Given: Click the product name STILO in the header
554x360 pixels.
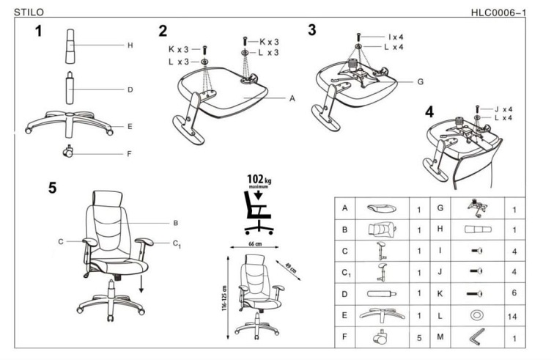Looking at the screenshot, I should (29, 12).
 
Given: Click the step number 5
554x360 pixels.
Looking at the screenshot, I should (52, 187).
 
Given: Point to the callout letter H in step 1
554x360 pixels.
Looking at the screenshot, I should (130, 45).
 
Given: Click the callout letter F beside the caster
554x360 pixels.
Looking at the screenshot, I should (130, 154).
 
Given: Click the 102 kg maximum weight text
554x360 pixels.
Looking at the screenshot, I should (259, 180).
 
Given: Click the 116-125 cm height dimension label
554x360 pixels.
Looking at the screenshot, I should (226, 298).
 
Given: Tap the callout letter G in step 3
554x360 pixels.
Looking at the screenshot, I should (420, 82).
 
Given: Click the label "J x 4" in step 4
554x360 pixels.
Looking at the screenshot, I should (503, 109).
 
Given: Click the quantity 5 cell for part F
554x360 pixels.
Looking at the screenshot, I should (418, 339).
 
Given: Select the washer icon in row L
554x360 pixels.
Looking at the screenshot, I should (476, 316).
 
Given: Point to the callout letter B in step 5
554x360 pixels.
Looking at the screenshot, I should (176, 221).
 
